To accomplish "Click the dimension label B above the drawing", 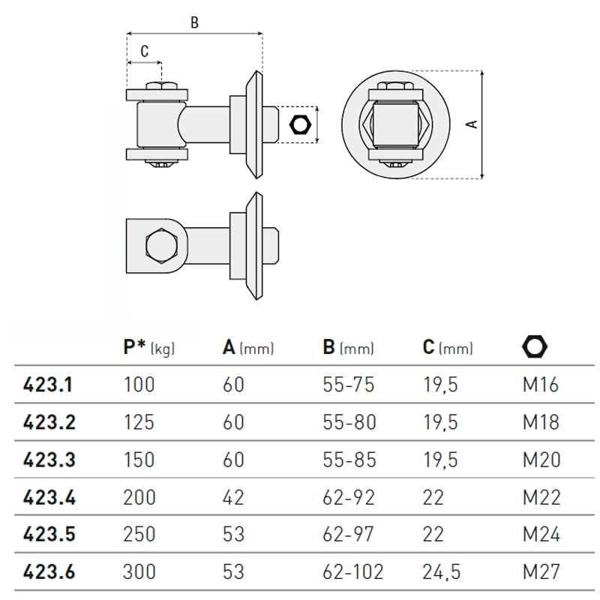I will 194,23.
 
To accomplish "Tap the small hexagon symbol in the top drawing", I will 300,124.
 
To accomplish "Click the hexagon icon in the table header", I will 535,346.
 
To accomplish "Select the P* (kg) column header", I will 148,348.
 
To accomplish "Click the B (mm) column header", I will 348,348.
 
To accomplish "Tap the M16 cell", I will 541,385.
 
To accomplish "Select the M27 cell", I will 541,571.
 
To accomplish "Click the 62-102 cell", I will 352,571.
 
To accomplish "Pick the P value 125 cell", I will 139,422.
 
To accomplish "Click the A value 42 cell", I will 233,496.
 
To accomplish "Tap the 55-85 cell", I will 349,459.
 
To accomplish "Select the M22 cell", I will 541,496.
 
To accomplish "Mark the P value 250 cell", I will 139,534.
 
